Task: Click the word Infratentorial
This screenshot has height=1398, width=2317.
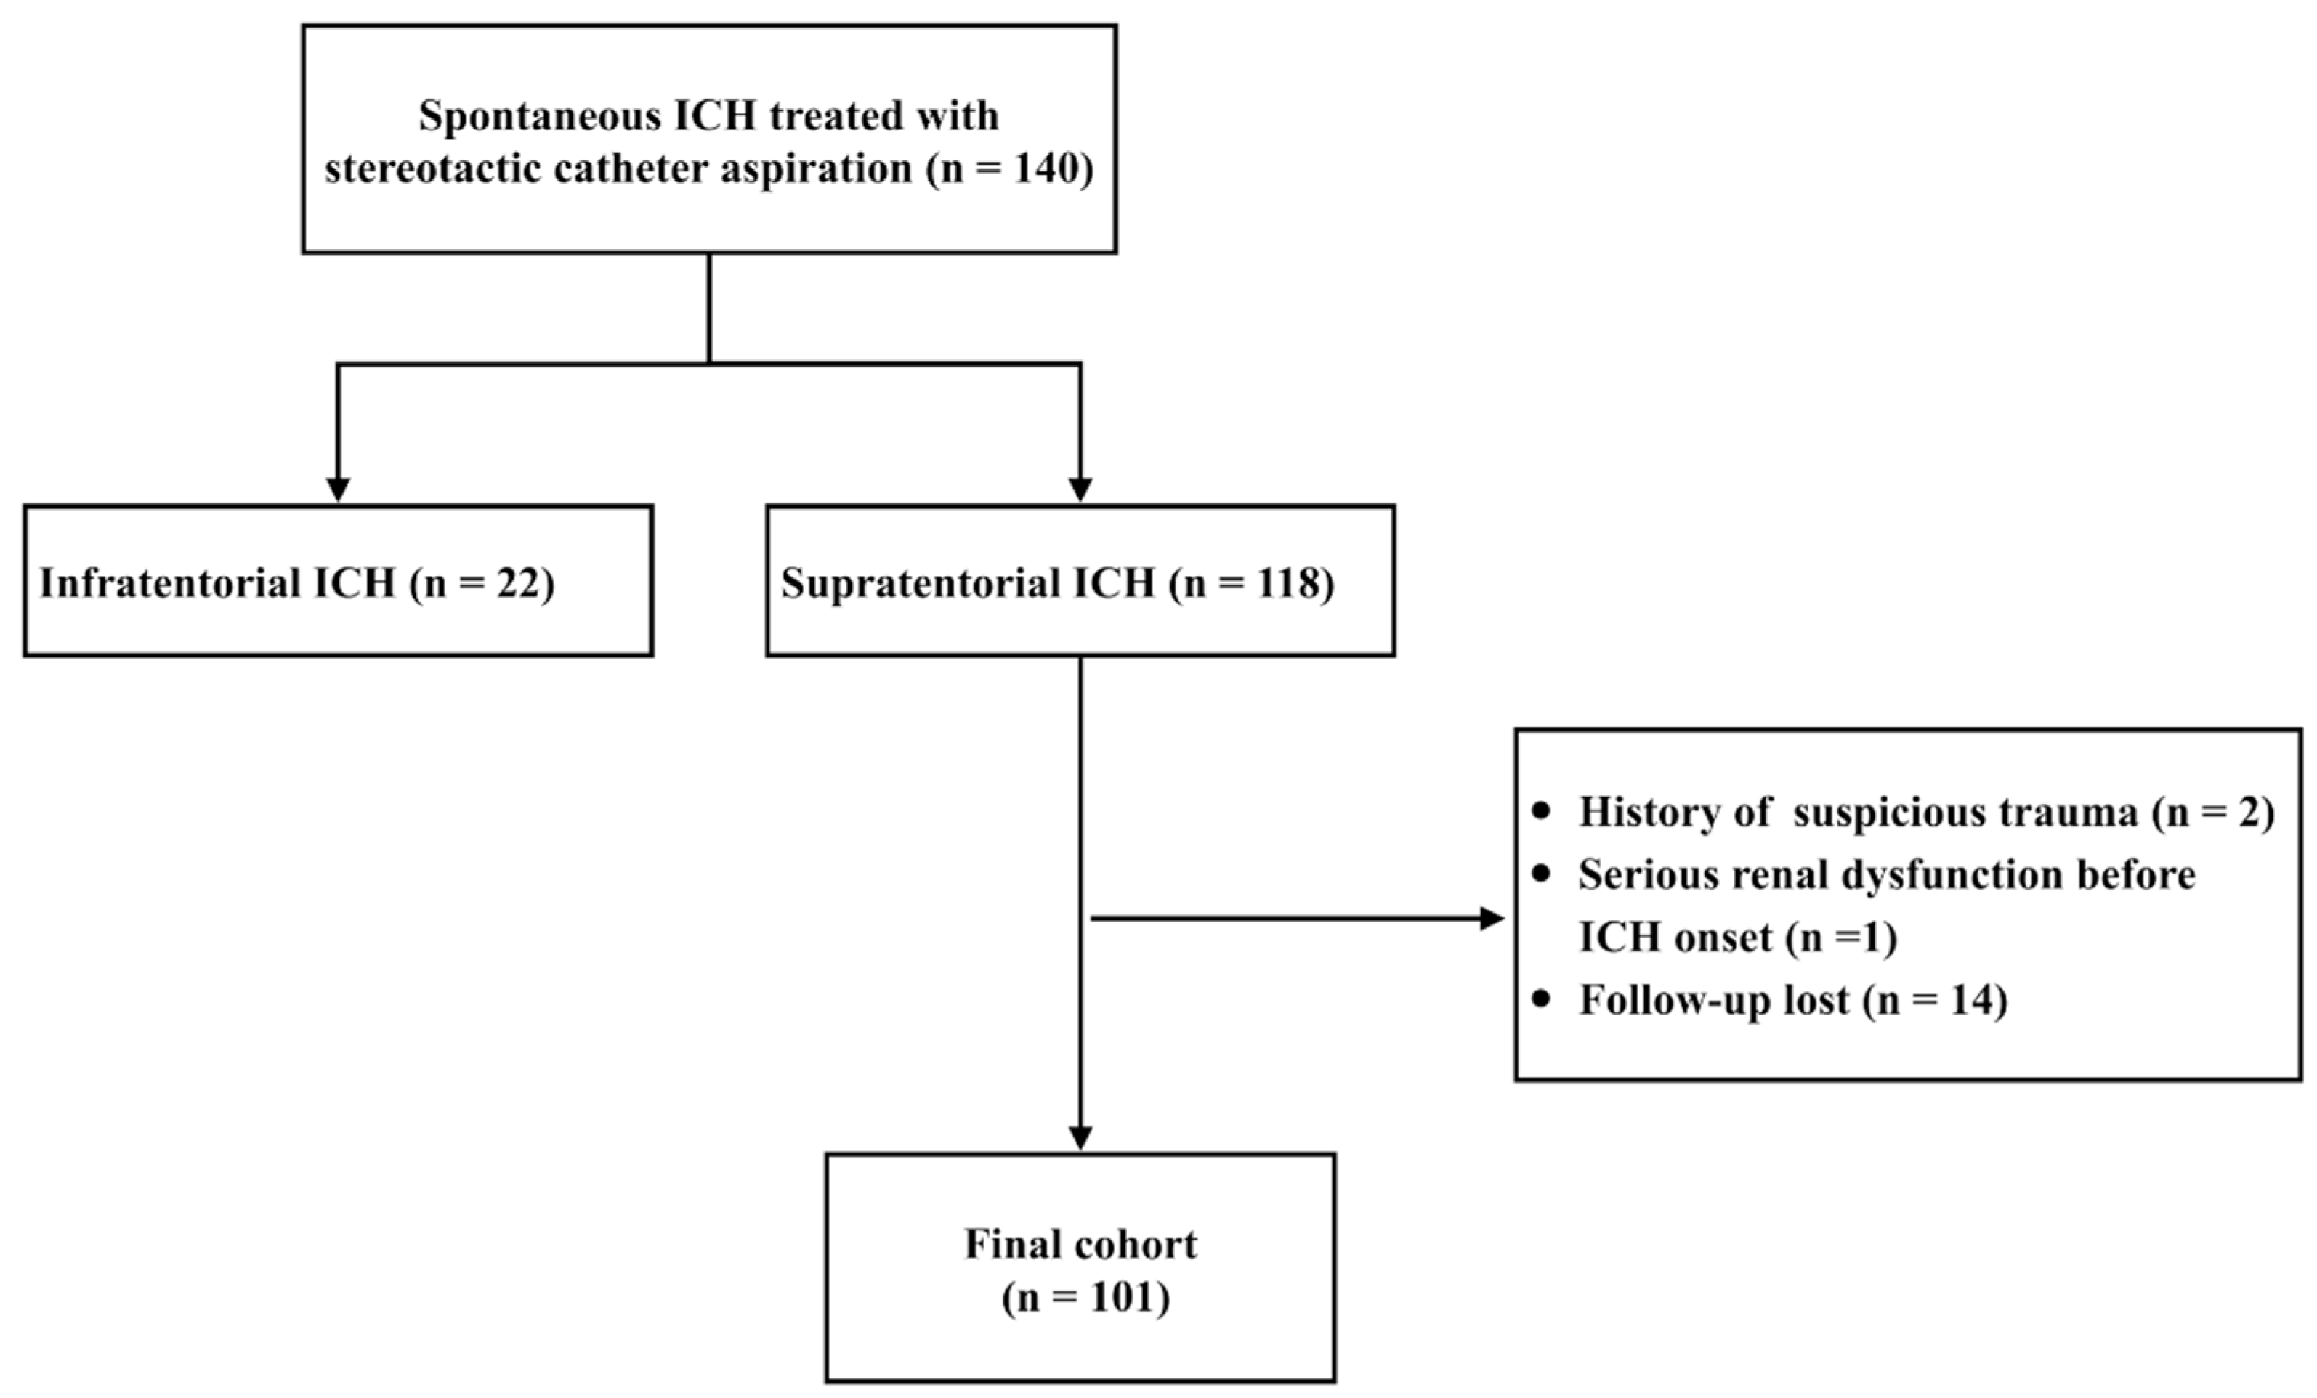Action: pyautogui.click(x=169, y=583)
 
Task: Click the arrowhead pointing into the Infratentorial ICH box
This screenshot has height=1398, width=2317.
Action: pyautogui.click(x=338, y=489)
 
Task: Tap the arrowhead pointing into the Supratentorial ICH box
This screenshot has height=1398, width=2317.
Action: pyautogui.click(x=1080, y=489)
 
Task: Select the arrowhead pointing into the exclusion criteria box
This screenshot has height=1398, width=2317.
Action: pyautogui.click(x=1492, y=919)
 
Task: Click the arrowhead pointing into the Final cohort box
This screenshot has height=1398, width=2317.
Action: pyautogui.click(x=1080, y=1137)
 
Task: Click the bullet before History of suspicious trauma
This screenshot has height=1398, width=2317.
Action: pyautogui.click(x=1540, y=810)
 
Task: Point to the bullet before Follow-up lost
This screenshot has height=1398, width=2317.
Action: pyautogui.click(x=1540, y=999)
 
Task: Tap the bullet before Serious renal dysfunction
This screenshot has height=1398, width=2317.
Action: pyautogui.click(x=1540, y=874)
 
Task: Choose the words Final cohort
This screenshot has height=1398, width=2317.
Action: pyautogui.click(x=1080, y=1244)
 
